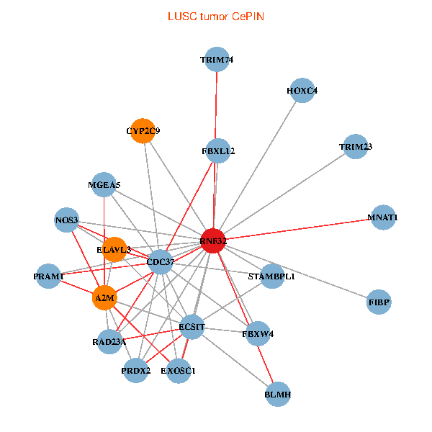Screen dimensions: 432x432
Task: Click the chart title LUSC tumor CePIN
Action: coord(215,16)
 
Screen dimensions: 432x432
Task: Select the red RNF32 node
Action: coord(214,242)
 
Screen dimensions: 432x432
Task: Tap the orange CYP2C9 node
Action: coord(143,131)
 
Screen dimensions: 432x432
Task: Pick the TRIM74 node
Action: coord(217,60)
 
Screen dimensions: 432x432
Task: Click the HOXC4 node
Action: coord(302,91)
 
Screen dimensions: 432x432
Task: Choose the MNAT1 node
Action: coord(383,217)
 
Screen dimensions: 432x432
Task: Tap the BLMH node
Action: coord(277,395)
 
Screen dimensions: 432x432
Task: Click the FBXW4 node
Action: coord(258,334)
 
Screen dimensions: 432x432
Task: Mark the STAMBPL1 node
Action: coord(271,276)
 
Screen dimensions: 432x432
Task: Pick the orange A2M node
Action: coord(105,297)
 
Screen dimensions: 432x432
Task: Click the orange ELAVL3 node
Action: coord(114,250)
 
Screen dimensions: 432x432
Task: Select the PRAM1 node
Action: coord(48,276)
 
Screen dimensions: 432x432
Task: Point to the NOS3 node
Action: coord(66,220)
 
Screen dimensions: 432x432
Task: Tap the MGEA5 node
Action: coord(104,185)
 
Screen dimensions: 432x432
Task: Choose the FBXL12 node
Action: coord(217,151)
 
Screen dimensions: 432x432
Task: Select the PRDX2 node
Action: coord(135,371)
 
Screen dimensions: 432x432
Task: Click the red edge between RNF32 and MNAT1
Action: coord(299,229)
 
